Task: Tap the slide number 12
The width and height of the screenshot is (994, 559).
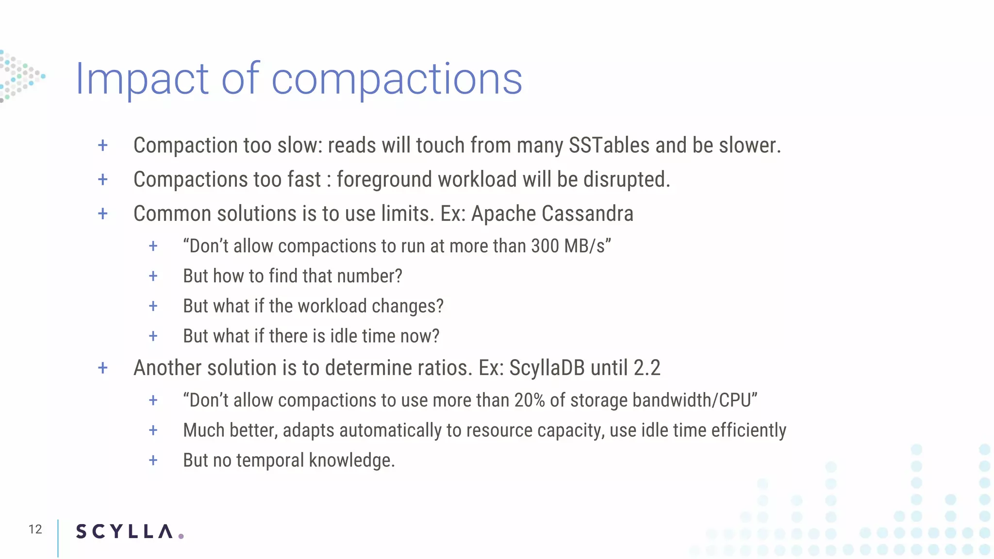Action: (x=35, y=529)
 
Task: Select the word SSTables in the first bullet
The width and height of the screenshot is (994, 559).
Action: (x=609, y=146)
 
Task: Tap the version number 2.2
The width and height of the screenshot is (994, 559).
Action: (x=647, y=368)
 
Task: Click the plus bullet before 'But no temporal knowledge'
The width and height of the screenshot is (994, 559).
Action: (x=153, y=460)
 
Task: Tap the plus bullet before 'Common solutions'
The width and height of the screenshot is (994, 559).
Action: (x=103, y=214)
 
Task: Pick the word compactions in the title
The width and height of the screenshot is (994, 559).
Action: (x=397, y=79)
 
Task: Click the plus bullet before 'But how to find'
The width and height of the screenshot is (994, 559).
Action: (x=153, y=276)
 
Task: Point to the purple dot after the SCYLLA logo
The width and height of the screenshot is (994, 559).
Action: (x=181, y=536)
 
